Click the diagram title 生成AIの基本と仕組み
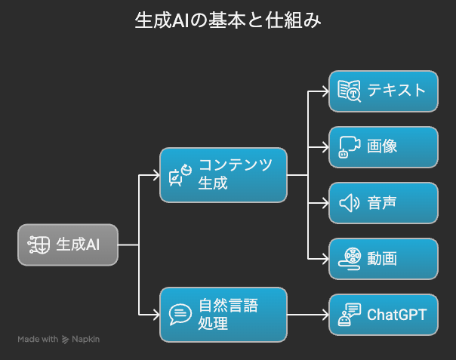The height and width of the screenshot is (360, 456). pos(227,20)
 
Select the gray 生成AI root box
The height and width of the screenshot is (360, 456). pos(68,245)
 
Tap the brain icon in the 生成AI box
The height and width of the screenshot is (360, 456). pos(39,245)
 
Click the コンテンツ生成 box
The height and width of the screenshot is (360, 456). pos(223,174)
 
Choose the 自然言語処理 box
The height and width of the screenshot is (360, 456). pos(223,314)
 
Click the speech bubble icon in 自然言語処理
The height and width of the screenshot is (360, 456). pos(180,314)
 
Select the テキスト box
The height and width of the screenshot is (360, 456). pos(384,91)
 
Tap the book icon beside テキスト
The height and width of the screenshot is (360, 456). pos(349,91)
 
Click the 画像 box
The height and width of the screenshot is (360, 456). pos(384,146)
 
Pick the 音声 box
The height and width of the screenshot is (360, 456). pos(384,202)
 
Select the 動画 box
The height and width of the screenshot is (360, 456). pos(384,258)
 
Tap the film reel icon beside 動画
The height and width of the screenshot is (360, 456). pos(349,258)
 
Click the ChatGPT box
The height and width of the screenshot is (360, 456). pos(384,314)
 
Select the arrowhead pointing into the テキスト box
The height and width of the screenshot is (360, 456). pos(324,91)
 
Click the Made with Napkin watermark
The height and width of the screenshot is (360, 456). pos(59,340)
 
